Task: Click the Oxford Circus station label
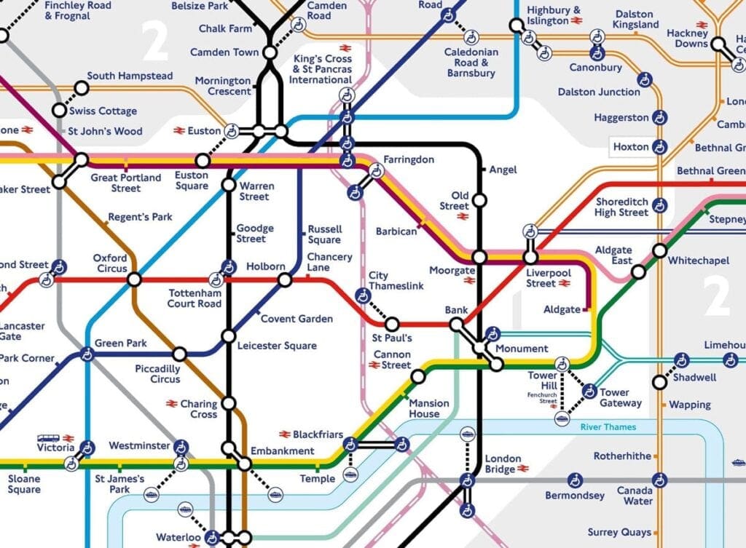click(110, 263)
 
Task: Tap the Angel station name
click(503, 170)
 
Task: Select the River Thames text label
click(608, 427)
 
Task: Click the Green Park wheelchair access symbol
click(87, 354)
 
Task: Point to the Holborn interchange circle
click(285, 280)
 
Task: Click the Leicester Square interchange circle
click(229, 336)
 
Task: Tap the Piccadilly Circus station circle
click(179, 354)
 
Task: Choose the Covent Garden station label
click(297, 319)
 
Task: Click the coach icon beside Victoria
click(48, 439)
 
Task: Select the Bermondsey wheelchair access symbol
click(575, 480)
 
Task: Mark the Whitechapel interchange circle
click(659, 251)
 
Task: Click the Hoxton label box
click(631, 147)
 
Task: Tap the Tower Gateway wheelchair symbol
click(589, 392)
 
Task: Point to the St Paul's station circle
click(392, 324)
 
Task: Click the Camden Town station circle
click(270, 52)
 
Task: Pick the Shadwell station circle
click(659, 382)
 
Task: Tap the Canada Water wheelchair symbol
click(659, 480)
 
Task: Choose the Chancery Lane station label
click(329, 262)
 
